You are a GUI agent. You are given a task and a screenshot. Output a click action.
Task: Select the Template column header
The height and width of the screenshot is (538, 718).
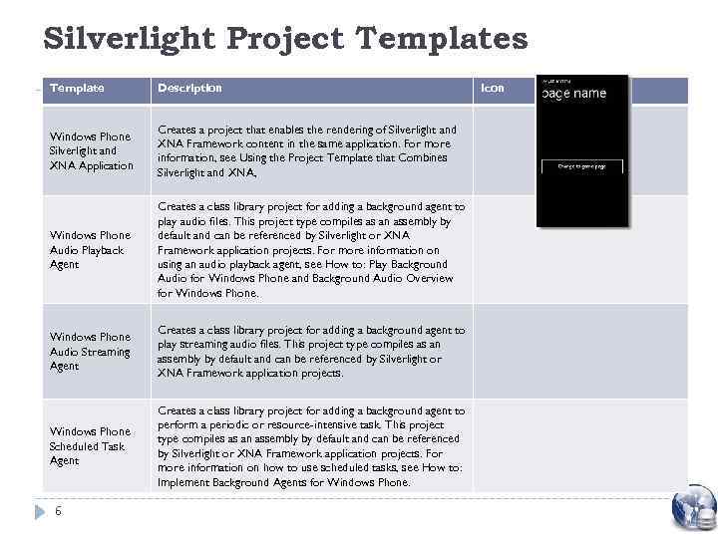tap(77, 89)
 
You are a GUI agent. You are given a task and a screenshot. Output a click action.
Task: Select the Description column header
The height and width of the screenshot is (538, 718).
tap(189, 89)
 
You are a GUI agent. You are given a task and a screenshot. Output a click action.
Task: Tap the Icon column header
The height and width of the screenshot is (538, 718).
tap(493, 89)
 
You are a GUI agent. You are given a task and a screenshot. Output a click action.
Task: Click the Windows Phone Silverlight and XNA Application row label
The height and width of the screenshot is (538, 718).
tap(91, 150)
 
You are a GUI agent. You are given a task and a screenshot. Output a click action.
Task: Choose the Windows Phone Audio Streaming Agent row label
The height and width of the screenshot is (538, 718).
tap(90, 352)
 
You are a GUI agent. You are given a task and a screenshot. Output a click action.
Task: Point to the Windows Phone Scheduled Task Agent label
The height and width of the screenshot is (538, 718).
tap(90, 446)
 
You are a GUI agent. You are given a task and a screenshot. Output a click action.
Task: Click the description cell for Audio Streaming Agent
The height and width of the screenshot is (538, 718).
tap(310, 352)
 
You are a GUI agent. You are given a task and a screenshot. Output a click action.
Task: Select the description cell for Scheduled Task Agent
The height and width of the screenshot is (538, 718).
tap(310, 446)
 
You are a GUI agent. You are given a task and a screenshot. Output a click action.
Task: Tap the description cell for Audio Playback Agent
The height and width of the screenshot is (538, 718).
tap(310, 250)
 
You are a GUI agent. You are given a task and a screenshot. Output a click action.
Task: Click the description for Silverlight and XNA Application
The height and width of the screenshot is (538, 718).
tap(306, 150)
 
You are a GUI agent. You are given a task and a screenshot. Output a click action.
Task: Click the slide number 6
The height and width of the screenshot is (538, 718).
tap(58, 511)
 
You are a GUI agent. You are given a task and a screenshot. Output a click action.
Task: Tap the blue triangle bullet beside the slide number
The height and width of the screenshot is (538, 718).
tap(40, 511)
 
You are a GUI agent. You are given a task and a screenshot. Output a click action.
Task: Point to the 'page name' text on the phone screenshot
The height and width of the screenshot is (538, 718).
tap(573, 94)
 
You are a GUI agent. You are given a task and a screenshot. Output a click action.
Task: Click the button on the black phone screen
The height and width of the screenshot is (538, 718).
tap(582, 166)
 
